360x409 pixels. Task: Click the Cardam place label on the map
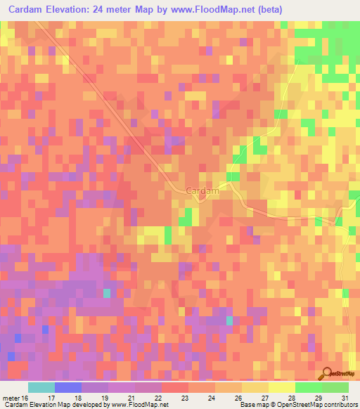coord(203,190)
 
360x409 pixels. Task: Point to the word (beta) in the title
coord(303,10)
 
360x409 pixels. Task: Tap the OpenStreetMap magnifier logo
coord(326,374)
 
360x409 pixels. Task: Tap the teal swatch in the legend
coord(41,387)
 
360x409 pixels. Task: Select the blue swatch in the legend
coord(67,387)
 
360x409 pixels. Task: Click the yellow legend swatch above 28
coord(281,387)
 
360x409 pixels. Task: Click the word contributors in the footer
coord(340,405)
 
